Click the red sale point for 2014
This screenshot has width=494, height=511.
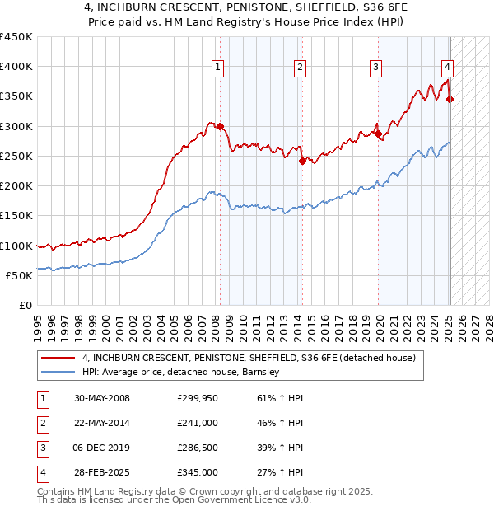pyautogui.click(x=302, y=161)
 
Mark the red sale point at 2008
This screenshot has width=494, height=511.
pyautogui.click(x=221, y=126)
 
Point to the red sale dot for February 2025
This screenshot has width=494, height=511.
pyautogui.click(x=450, y=99)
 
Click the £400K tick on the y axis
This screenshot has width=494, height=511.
pyautogui.click(x=16, y=67)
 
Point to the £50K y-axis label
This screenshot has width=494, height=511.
pyautogui.click(x=20, y=275)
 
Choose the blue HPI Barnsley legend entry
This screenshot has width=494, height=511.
pyautogui.click(x=181, y=372)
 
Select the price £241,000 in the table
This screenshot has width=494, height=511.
pyautogui.click(x=198, y=423)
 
